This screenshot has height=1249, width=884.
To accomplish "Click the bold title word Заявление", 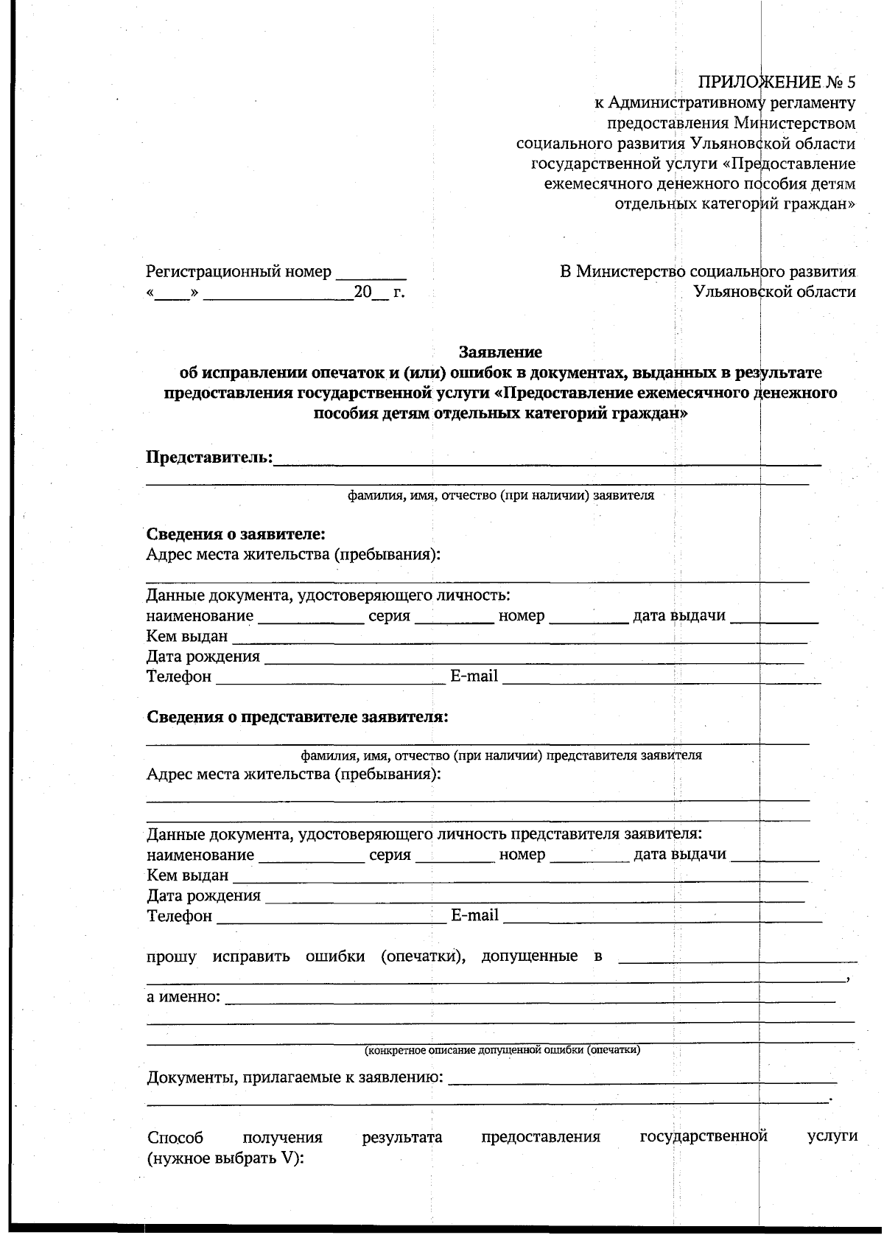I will tap(501, 352).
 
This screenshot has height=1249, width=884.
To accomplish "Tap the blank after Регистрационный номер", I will tap(371, 275).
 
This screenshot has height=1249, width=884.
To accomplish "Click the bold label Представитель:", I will tap(209, 458).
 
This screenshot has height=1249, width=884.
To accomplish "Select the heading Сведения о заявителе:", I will tap(236, 533).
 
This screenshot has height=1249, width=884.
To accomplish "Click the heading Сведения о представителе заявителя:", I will tap(297, 717).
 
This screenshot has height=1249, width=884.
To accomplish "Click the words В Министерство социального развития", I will tap(707, 271).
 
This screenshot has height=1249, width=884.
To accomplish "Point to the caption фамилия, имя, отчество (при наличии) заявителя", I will tap(501, 496).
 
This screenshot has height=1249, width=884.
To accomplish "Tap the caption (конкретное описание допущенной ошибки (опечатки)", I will tap(502, 1049).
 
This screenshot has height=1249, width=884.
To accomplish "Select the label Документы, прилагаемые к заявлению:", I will tap(295, 1078).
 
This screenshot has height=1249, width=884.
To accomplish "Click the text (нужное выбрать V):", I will tap(225, 1157).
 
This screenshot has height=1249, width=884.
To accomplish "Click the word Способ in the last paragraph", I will tap(175, 1137).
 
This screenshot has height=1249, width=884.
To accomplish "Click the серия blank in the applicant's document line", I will tap(454, 617).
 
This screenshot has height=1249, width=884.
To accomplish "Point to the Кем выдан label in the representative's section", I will tap(188, 875).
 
